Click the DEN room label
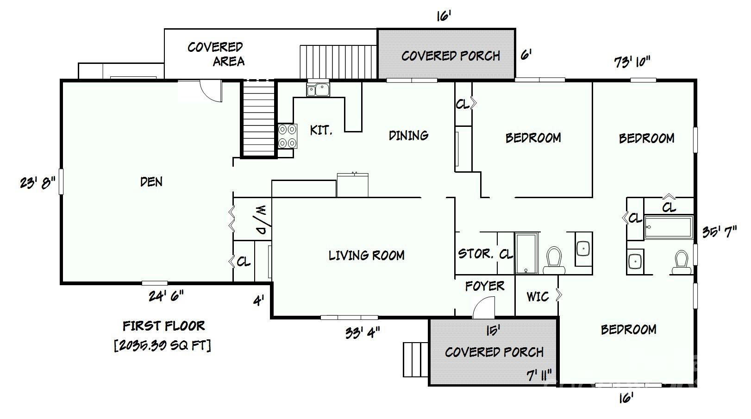pos(151,181)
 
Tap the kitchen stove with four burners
pos(288,136)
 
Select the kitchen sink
pos(318,89)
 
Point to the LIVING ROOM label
pos(366,256)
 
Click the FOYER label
pos(485,286)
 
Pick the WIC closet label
pos(538,296)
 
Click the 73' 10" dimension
pos(632,62)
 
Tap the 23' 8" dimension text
pos(37,183)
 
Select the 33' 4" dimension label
pos(363,333)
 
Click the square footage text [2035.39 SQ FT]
pos(163,345)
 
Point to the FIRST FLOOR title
pos(163,326)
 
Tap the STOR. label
pos(476,254)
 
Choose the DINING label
pos(408,135)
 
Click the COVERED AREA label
pos(216,54)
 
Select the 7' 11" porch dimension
pos(539,375)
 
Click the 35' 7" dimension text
pos(720,231)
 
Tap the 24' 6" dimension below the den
pos(166,296)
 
